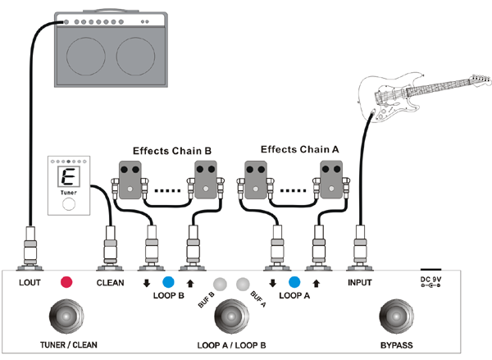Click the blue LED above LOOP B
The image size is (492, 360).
click(169, 281)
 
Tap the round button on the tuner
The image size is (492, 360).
click(70, 204)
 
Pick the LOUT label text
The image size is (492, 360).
click(30, 283)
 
